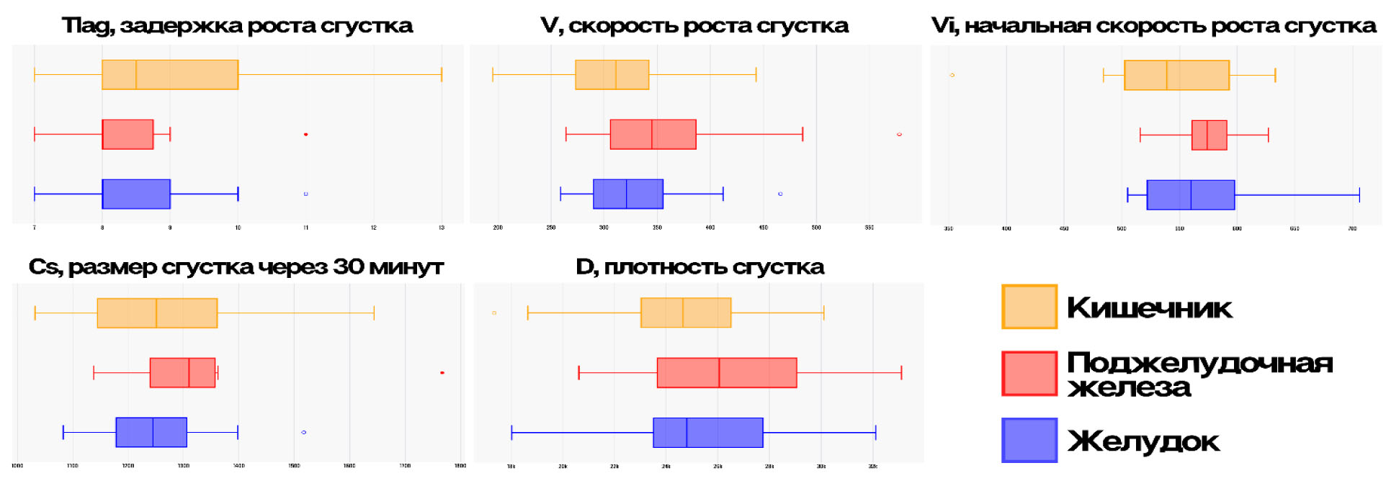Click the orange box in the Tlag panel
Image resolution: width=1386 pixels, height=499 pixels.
(170, 75)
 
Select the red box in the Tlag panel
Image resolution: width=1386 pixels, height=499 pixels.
(128, 135)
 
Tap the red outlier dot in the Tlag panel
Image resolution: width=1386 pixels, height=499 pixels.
(305, 135)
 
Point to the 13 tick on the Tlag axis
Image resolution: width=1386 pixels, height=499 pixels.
(442, 228)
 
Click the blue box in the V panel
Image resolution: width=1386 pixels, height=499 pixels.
(627, 194)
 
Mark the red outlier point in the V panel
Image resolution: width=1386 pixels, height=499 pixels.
(899, 135)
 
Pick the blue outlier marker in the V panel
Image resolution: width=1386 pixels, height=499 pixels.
(780, 194)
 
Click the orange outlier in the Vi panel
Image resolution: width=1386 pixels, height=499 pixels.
(952, 75)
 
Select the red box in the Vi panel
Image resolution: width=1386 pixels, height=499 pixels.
(1209, 135)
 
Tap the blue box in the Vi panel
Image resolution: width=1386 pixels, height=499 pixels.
(1190, 194)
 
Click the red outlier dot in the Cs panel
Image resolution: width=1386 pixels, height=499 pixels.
(442, 372)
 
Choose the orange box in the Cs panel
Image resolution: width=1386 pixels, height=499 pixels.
(157, 313)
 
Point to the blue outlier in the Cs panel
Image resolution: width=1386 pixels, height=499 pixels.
(303, 432)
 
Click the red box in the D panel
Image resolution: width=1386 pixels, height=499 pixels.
(727, 372)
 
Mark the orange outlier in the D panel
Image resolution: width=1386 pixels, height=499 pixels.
(494, 313)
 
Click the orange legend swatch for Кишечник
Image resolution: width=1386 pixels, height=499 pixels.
(1029, 307)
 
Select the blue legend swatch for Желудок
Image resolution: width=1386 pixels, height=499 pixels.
(1029, 440)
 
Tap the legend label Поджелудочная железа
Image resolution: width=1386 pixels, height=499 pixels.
(1199, 374)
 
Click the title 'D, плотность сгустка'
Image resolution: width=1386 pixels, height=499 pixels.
(699, 267)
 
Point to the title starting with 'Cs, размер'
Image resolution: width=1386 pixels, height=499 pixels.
(236, 267)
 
